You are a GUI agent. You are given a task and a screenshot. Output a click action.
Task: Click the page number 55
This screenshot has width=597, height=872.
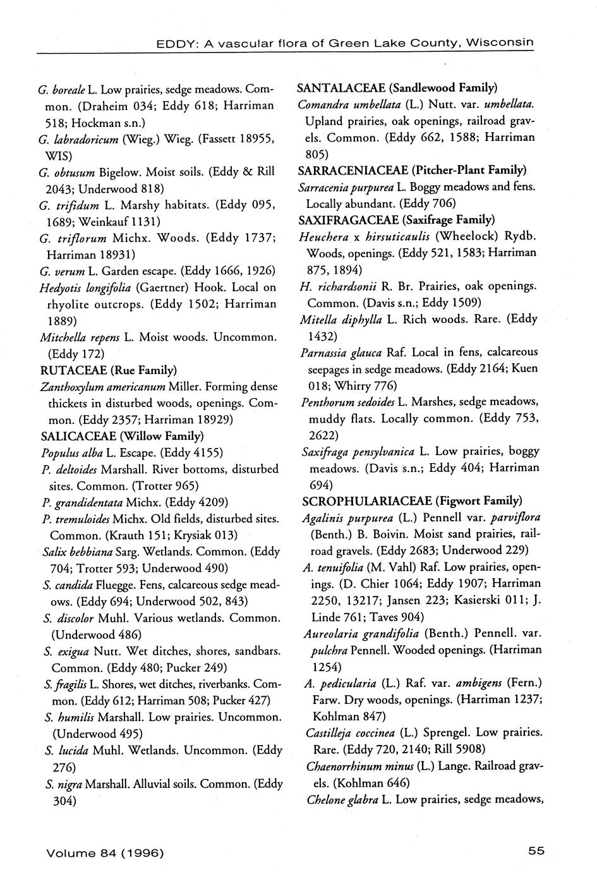tap(536, 850)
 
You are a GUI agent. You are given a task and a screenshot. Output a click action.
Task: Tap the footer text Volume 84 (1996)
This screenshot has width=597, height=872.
tap(105, 852)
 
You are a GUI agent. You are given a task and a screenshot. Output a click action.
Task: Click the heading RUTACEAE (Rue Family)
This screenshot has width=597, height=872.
tap(108, 370)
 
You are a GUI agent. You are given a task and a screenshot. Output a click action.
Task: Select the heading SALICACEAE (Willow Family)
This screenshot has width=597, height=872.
tap(121, 436)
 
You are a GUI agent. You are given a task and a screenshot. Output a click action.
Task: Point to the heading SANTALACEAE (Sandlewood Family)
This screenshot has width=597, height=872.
tap(397, 87)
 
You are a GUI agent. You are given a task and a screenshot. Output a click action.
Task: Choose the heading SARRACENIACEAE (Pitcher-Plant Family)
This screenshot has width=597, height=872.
tap(412, 170)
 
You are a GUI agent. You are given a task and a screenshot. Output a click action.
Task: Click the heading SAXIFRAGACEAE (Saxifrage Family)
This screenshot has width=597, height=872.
tap(396, 220)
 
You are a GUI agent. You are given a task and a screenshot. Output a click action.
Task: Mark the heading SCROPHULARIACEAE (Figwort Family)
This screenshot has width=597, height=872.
tap(412, 501)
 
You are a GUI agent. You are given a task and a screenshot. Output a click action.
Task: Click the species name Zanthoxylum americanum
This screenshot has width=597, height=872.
tap(102, 386)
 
